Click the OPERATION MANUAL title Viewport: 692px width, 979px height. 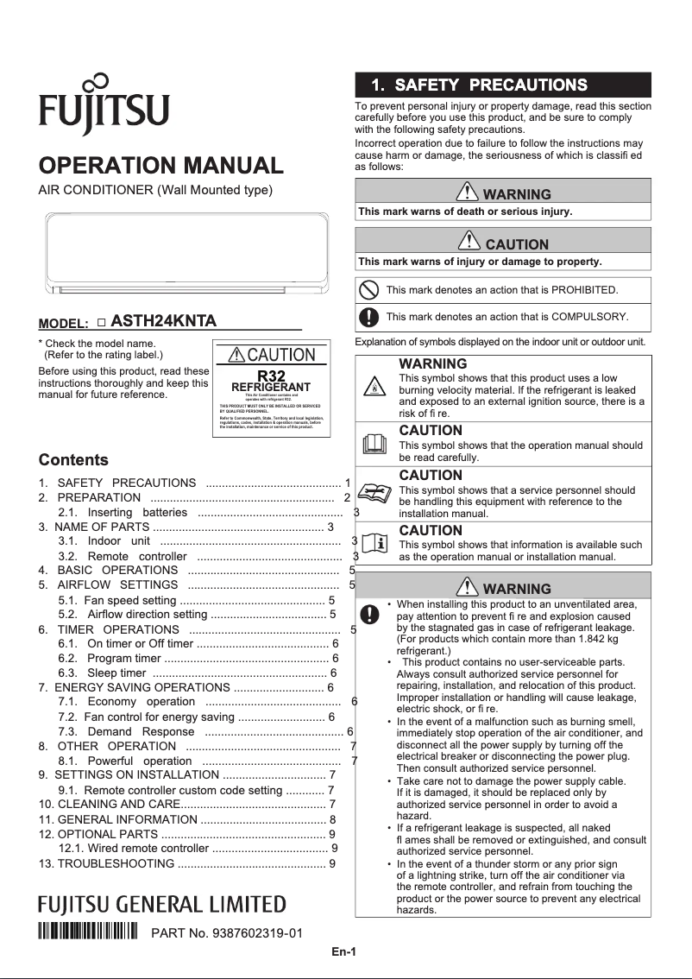point(161,165)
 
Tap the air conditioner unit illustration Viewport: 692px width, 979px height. point(186,253)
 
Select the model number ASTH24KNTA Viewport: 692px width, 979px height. point(163,321)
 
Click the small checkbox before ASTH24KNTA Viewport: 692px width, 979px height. point(101,322)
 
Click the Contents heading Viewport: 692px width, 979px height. point(73,460)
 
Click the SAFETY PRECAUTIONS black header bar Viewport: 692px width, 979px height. point(503,85)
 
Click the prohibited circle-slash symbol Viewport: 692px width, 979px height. point(368,290)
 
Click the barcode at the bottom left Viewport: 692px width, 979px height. point(88,932)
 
